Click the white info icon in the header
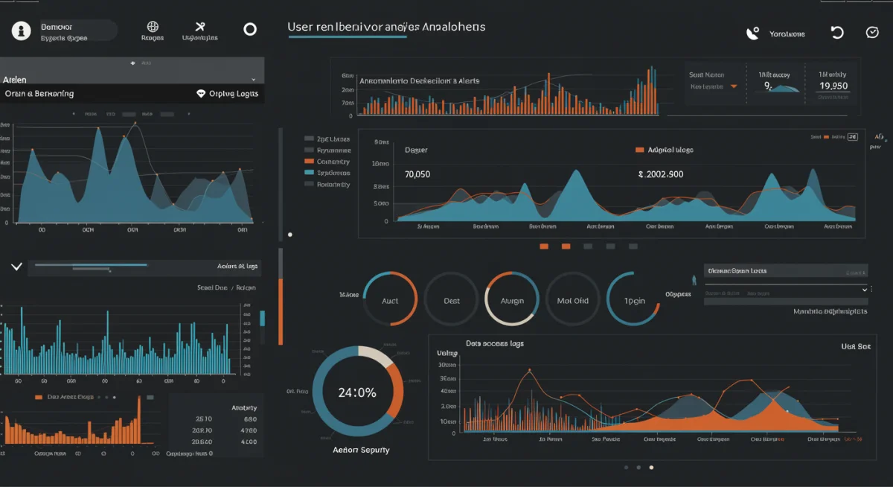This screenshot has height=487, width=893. coord(22,31)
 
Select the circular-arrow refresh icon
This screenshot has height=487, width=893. coord(837,33)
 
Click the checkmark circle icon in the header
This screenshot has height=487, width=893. coord(873,33)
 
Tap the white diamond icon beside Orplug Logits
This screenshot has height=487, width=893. coord(200,94)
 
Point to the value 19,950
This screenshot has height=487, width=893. coord(833,86)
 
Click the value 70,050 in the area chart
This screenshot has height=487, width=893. coord(417,174)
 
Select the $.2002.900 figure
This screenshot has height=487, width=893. coord(660,174)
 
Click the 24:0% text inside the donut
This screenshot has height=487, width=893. coord(356,392)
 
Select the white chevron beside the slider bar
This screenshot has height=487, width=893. coord(16,266)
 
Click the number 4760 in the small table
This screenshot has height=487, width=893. coord(249,430)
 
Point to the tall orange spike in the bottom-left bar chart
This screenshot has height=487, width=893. coord(138,417)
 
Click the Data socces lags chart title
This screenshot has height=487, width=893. coord(495,343)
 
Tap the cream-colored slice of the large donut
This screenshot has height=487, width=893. coord(376,356)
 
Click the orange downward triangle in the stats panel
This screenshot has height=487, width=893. coord(734,86)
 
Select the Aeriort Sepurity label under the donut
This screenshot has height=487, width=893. coord(360,450)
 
